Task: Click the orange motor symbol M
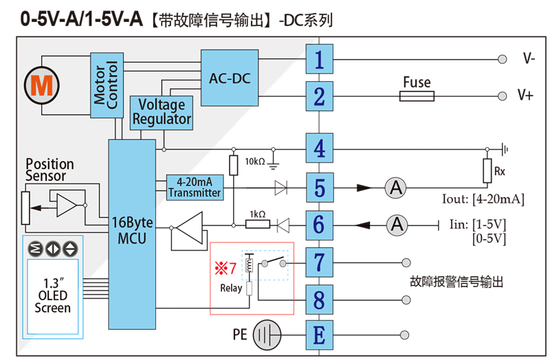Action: click(42, 85)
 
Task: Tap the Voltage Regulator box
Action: click(162, 113)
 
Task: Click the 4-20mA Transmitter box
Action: click(195, 188)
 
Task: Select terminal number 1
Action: click(319, 59)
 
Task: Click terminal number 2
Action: click(319, 97)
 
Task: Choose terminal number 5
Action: click(319, 187)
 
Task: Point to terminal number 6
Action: click(319, 224)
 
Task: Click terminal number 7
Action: click(319, 262)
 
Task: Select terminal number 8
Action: click(319, 299)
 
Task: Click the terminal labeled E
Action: click(319, 336)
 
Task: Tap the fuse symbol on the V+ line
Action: click(417, 97)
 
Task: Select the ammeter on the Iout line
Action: click(395, 187)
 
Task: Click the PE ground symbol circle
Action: click(269, 336)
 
